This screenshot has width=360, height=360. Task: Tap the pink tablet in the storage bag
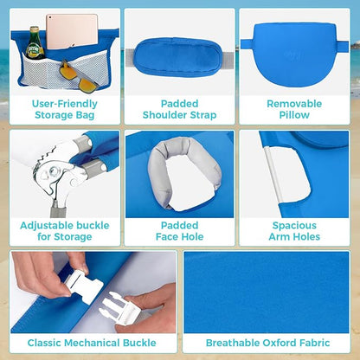(x=72, y=31)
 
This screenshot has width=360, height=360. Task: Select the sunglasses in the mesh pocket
(x=79, y=77)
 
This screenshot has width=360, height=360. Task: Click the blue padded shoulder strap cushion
(x=178, y=57)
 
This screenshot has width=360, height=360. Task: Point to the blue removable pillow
(x=294, y=55)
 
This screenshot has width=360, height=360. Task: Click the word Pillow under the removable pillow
(x=294, y=115)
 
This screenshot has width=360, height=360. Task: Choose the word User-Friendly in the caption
(x=65, y=104)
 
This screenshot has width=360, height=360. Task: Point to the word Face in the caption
(x=166, y=237)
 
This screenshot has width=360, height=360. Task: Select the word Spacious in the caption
(x=294, y=226)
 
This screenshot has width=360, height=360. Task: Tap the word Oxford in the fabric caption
(x=280, y=343)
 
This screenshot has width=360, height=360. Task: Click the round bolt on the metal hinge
(x=54, y=172)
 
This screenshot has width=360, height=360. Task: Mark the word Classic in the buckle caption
(x=44, y=343)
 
